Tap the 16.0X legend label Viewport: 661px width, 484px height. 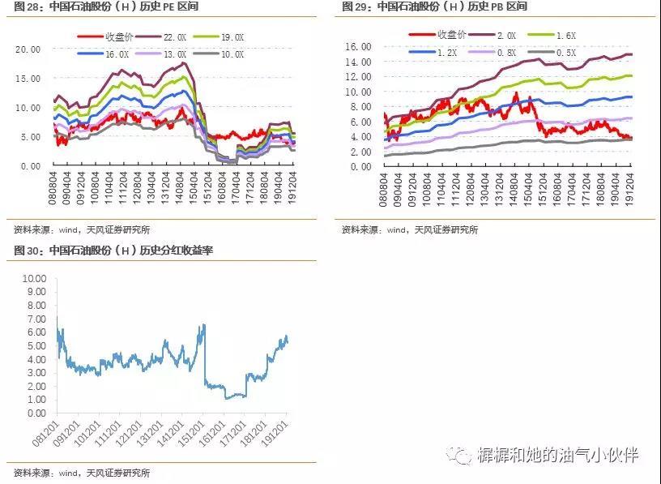(x=116, y=54)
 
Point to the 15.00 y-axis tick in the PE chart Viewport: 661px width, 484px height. (x=28, y=78)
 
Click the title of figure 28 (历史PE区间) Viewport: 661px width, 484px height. (x=105, y=6)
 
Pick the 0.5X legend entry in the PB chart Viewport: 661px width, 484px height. (x=565, y=53)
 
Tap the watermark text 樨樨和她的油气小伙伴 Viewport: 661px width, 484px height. (x=558, y=455)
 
